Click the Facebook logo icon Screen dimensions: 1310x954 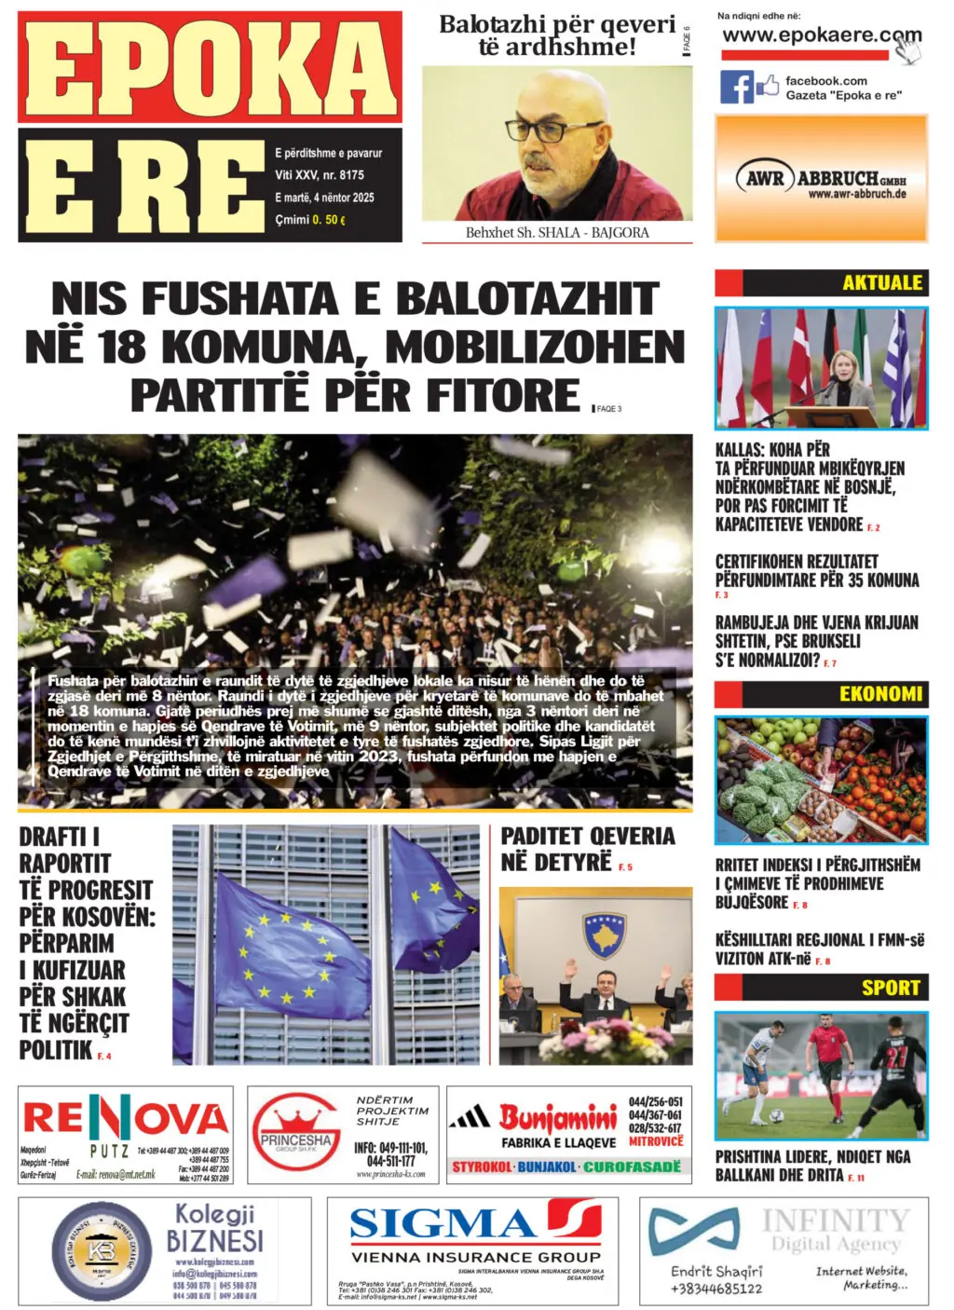point(736,88)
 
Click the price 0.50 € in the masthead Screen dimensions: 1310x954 point(329,220)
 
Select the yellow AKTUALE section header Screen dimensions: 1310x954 point(881,282)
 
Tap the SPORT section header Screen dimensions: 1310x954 point(890,988)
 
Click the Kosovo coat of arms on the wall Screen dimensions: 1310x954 point(603,934)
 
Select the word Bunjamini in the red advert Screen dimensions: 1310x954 point(557,1117)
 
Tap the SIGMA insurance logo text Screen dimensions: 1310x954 point(443,1223)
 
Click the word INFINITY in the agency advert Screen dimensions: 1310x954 point(834,1221)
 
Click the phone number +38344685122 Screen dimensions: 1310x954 point(716,1289)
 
